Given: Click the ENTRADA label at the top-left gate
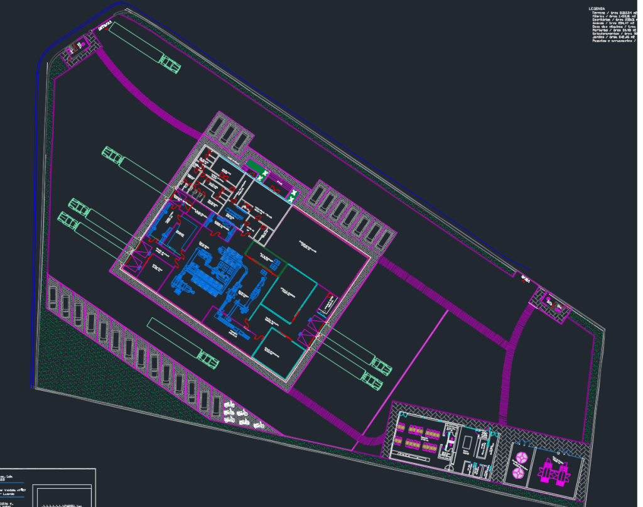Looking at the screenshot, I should [104, 26].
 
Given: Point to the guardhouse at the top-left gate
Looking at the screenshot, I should [79, 47].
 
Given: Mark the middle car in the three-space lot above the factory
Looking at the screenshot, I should [229, 134].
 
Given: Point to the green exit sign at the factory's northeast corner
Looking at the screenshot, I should [292, 195].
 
